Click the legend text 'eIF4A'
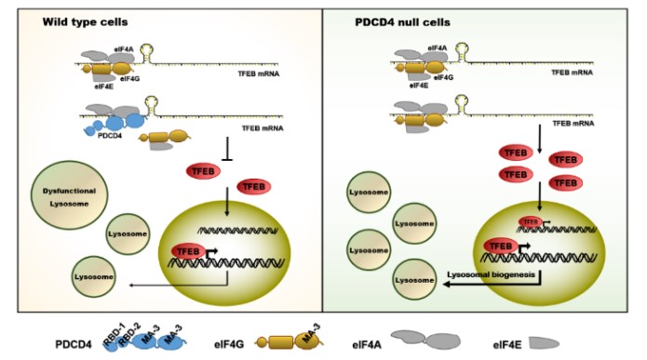coord(376,341)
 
